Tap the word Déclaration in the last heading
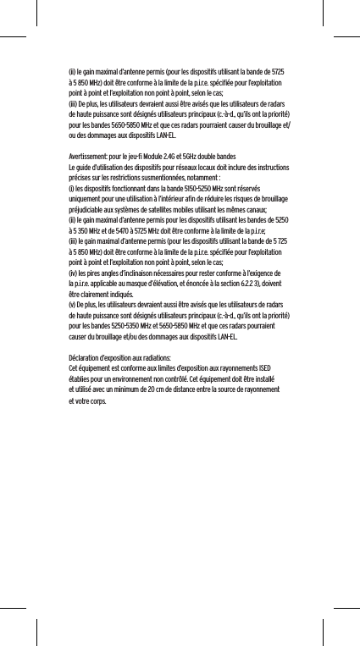click(85, 359)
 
